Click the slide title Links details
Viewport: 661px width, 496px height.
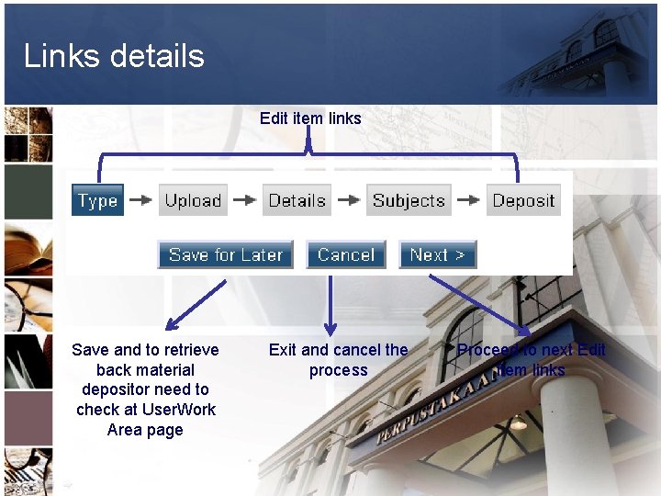pos(114,56)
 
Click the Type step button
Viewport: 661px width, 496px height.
pos(97,200)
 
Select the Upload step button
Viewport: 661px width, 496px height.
pos(193,200)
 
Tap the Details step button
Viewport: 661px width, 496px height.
pos(297,200)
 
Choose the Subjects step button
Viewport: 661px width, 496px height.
pos(409,200)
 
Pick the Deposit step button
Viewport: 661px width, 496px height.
pos(523,200)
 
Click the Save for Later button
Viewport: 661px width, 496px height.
pos(225,255)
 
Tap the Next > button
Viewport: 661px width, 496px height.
pos(437,255)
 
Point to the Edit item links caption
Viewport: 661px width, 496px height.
pos(310,118)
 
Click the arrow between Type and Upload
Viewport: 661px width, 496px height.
pos(140,200)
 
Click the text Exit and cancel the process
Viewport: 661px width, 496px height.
pos(338,360)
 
